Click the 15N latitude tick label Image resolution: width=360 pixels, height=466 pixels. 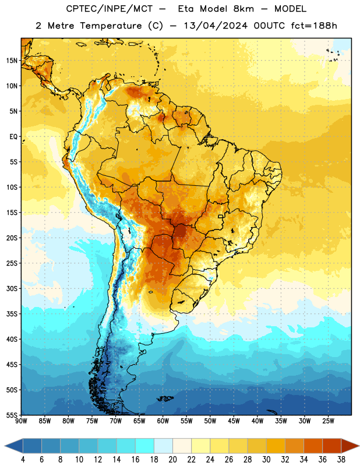[12, 61]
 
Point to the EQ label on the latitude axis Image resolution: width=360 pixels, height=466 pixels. [13, 137]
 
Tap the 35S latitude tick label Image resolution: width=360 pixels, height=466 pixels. [12, 314]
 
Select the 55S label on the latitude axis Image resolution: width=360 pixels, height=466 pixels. [12, 415]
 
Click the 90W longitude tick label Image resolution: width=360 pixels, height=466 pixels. [21, 421]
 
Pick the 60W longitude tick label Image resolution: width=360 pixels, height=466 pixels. [163, 421]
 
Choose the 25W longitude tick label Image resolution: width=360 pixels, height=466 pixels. [328, 421]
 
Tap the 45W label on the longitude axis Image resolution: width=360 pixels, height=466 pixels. [234, 421]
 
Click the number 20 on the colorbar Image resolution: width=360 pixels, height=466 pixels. [172, 460]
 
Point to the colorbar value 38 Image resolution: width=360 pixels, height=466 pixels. [341, 460]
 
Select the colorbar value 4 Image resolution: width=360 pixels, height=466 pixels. [23, 460]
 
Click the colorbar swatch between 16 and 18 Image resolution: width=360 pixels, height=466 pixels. [144, 446]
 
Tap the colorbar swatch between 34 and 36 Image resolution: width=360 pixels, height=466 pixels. [313, 446]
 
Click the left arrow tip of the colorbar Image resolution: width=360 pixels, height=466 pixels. [5, 446]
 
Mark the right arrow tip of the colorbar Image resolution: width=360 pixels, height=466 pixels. [359, 446]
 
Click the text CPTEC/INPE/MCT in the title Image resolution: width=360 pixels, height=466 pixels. [110, 9]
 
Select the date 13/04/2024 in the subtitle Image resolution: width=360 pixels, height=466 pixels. [216, 26]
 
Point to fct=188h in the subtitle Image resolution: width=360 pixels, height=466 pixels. [314, 26]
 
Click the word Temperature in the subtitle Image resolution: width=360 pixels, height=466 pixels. [111, 26]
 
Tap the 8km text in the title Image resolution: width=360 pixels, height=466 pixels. [243, 9]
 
